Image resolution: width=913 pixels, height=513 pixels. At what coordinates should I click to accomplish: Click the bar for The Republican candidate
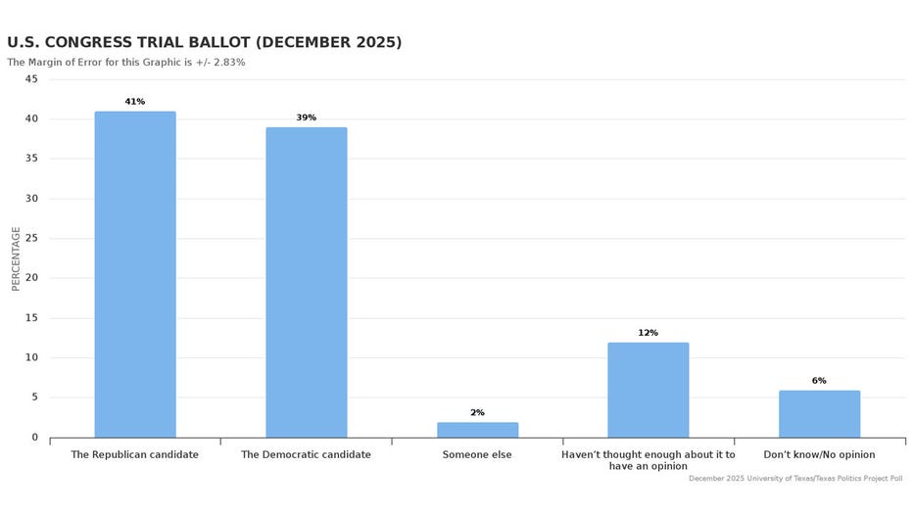tap(135, 274)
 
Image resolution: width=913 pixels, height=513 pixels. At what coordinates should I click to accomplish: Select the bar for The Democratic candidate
tap(306, 282)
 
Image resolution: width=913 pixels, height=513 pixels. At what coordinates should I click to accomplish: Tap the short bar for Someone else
tap(477, 430)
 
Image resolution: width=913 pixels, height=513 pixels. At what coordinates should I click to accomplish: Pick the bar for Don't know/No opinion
tap(819, 414)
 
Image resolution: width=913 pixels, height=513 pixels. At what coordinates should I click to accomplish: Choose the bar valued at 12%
tap(648, 390)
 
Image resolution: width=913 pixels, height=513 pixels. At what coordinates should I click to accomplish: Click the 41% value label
tap(135, 102)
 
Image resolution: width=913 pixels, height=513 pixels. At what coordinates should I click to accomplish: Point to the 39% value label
tap(306, 117)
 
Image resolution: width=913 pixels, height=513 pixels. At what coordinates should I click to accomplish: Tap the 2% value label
tap(477, 413)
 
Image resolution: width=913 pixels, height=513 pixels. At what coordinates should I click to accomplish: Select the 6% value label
tap(819, 381)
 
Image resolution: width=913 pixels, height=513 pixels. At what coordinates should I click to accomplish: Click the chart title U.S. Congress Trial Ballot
tap(204, 43)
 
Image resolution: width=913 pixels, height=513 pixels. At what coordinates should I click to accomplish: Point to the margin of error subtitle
tap(125, 63)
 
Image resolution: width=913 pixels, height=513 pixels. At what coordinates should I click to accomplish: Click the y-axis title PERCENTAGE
tap(16, 258)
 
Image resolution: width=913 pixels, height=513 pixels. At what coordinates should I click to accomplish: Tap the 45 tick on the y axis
tap(31, 79)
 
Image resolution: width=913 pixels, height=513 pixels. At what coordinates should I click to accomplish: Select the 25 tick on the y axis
tap(31, 239)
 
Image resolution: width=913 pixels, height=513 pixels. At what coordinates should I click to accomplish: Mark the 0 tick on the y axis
tap(34, 438)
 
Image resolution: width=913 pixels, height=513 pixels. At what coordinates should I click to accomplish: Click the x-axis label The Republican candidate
tap(135, 455)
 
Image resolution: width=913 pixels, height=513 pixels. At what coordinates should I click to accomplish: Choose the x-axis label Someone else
tap(477, 455)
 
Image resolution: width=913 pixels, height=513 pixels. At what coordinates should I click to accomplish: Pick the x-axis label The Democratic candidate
tap(306, 455)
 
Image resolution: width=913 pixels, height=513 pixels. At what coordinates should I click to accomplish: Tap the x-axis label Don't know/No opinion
tap(819, 455)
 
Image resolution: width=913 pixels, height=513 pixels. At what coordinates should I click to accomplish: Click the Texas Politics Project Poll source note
tap(794, 479)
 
